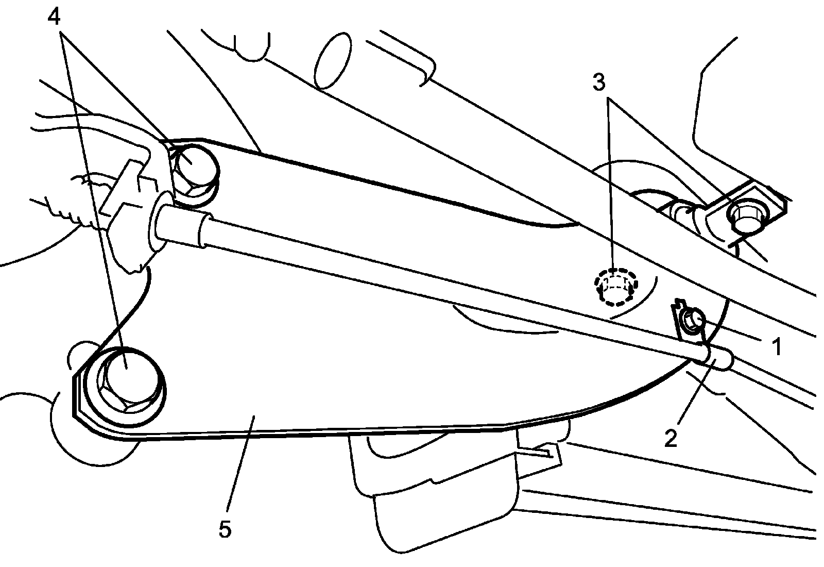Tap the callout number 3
pos(598,82)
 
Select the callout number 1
pos(777,346)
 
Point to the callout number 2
pos(671,438)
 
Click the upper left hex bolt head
pos(193,168)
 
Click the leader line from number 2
pos(693,392)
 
